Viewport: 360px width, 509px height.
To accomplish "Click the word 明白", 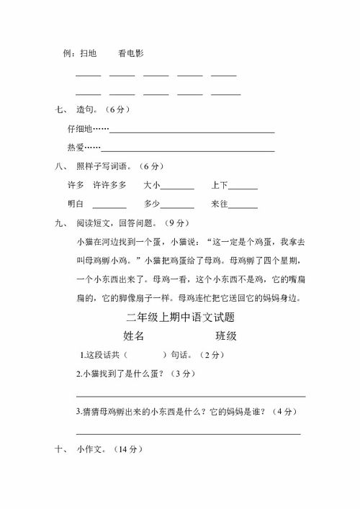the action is click(76, 204).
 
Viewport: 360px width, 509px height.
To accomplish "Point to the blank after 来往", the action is click(244, 207).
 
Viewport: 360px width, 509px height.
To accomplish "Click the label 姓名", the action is click(134, 335).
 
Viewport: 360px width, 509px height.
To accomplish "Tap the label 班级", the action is click(226, 335).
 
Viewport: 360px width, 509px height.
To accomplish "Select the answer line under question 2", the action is click(190, 395).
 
